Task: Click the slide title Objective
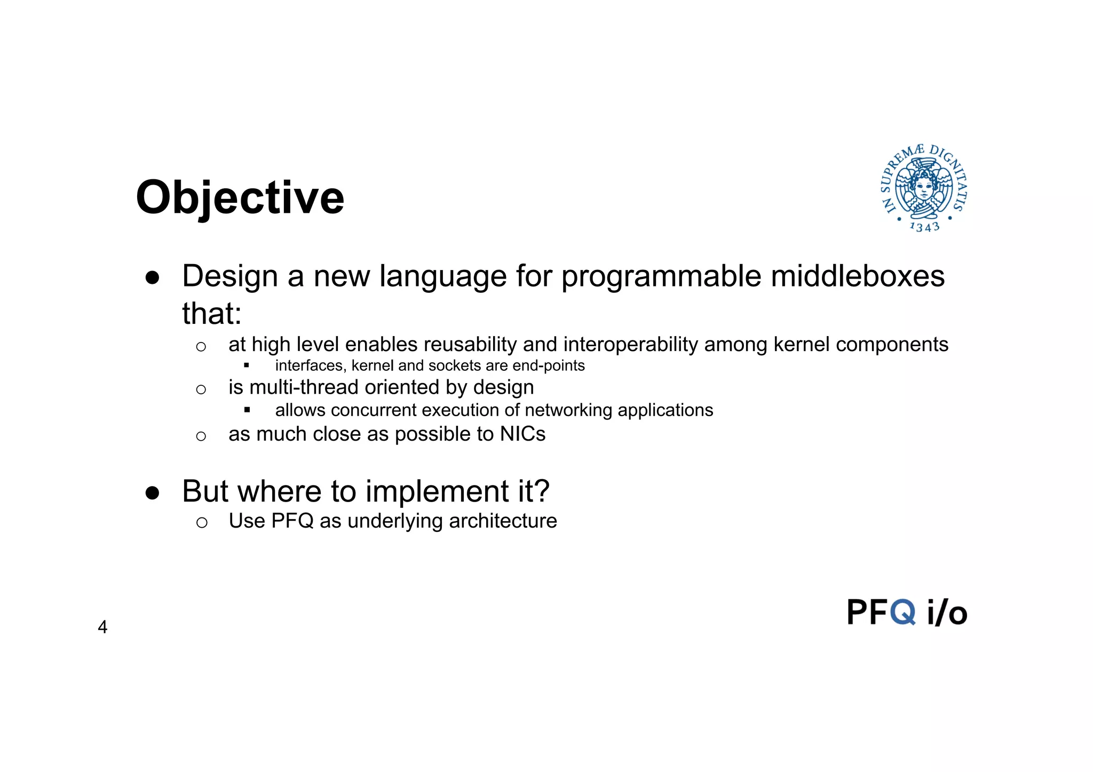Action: click(x=240, y=198)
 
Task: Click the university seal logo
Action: click(x=924, y=188)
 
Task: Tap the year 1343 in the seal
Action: click(x=924, y=227)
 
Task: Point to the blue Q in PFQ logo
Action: click(x=903, y=612)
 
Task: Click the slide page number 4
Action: click(x=102, y=627)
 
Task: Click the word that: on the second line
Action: click(x=212, y=313)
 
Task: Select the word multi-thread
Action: click(x=304, y=387)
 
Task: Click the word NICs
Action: click(x=522, y=434)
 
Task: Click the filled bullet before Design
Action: click(x=152, y=278)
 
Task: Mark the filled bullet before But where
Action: click(x=152, y=493)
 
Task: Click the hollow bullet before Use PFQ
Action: click(x=201, y=522)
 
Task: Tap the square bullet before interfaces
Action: click(x=247, y=365)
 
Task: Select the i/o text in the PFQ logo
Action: click(x=947, y=612)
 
